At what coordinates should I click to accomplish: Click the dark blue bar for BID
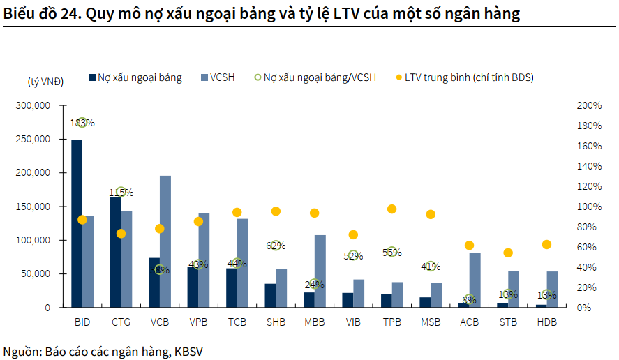(x=77, y=223)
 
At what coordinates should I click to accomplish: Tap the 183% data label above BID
(x=82, y=123)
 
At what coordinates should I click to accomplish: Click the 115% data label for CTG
(x=121, y=192)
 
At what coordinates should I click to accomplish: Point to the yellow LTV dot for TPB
(x=391, y=209)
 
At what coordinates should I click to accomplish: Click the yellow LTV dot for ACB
(x=469, y=246)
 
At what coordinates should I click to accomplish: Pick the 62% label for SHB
(x=276, y=245)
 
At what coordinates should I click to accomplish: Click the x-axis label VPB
(x=198, y=322)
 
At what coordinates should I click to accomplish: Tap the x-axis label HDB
(x=546, y=322)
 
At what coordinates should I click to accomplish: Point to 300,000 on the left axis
(x=33, y=105)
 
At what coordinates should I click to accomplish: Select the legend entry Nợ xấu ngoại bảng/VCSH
(x=319, y=77)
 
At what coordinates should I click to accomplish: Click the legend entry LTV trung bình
(x=468, y=77)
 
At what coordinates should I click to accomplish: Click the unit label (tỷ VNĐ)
(x=45, y=82)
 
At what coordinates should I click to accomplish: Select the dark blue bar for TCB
(x=232, y=287)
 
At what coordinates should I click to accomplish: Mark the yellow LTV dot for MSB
(x=431, y=214)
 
